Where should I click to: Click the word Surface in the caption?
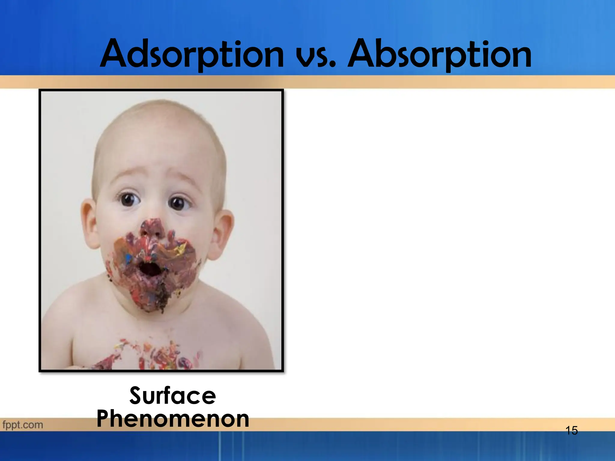click(173, 396)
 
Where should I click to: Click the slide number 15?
click(571, 431)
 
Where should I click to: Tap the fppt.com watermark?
click(23, 425)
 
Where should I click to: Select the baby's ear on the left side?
click(89, 224)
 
